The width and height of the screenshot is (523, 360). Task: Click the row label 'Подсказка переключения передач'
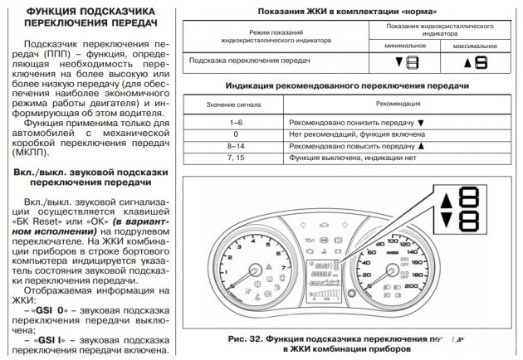tap(241, 61)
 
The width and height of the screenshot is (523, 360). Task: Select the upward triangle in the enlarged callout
tap(446, 200)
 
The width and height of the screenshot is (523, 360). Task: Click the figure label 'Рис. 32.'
tap(247, 338)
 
